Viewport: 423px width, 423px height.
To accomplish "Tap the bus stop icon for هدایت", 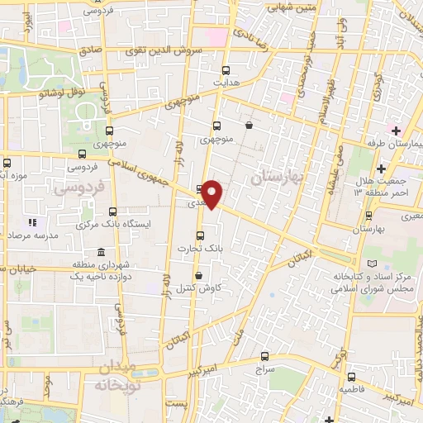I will click(226, 70).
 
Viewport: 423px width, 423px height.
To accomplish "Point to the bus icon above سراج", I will click(264, 357).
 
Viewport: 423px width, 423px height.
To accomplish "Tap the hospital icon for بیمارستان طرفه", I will click(397, 131).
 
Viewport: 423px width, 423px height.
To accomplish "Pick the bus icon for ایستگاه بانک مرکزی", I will click(112, 211).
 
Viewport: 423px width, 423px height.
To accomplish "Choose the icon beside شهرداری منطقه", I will click(100, 252).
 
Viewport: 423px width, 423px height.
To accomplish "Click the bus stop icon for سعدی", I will click(198, 188).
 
